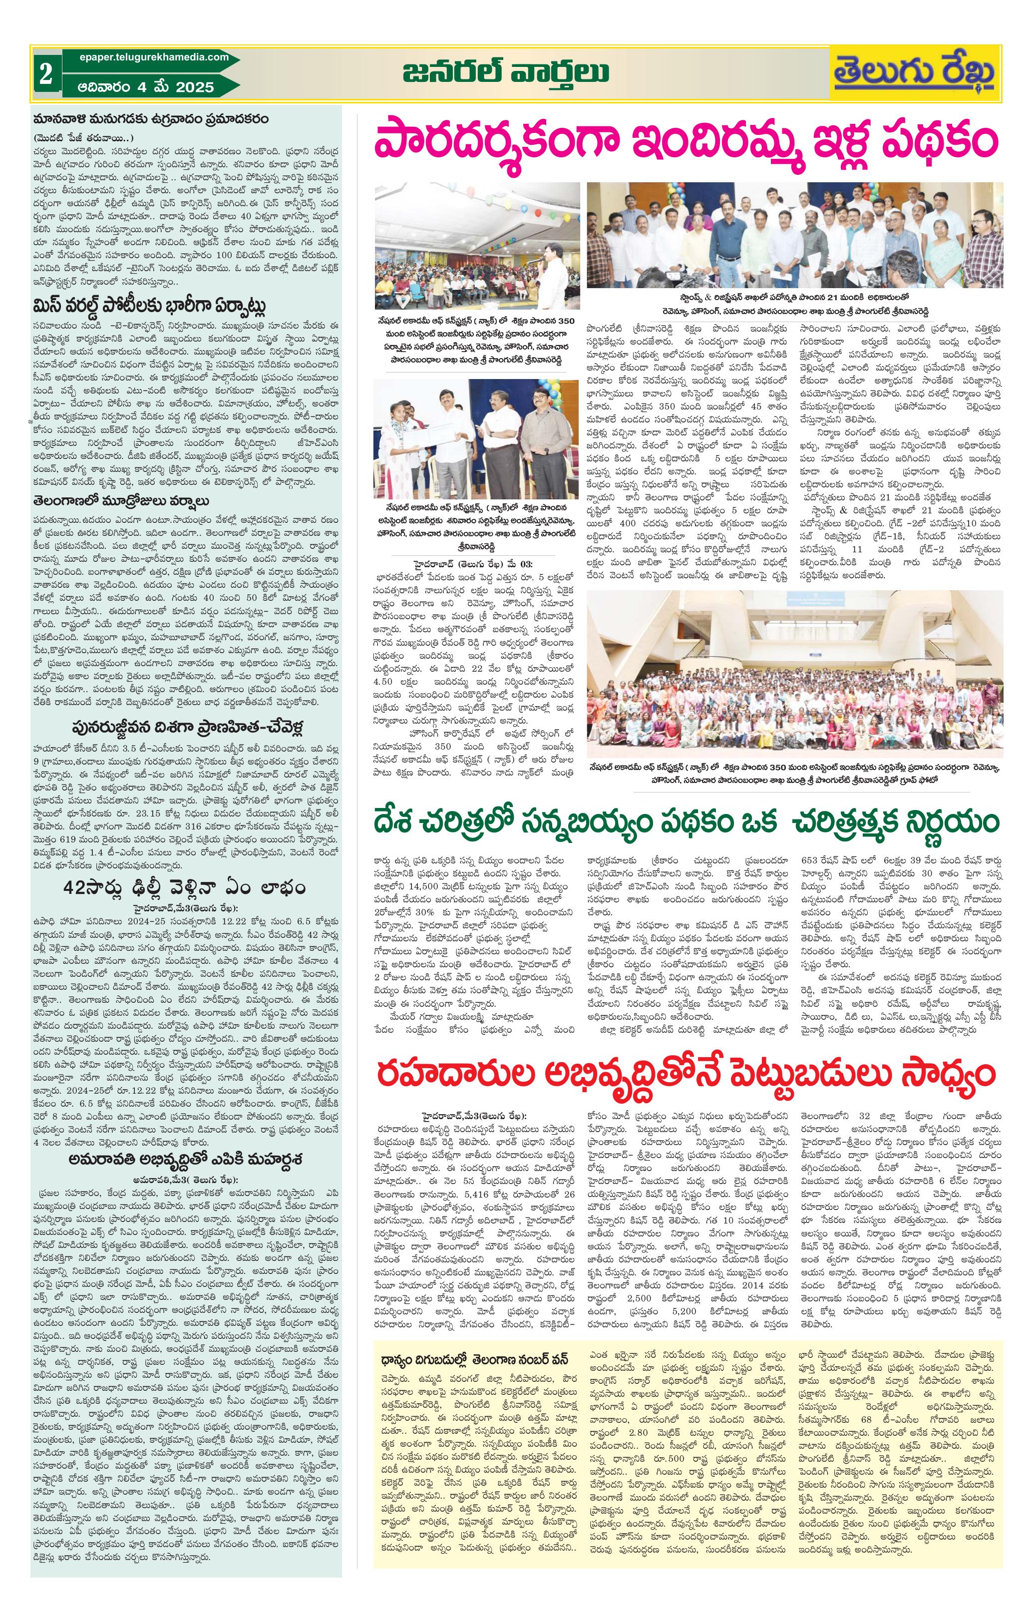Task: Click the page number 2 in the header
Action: tap(46, 75)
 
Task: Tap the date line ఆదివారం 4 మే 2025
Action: tap(147, 87)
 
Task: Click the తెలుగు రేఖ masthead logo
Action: tap(932, 73)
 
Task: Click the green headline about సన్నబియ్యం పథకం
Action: tap(688, 824)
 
